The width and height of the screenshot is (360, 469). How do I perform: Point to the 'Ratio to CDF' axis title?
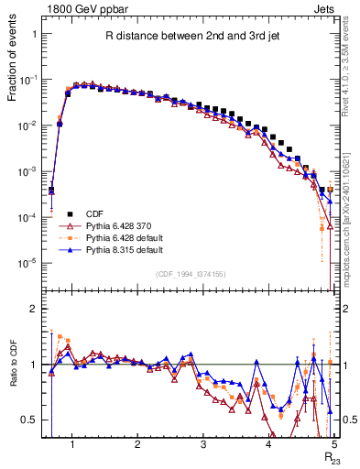click(13, 377)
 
